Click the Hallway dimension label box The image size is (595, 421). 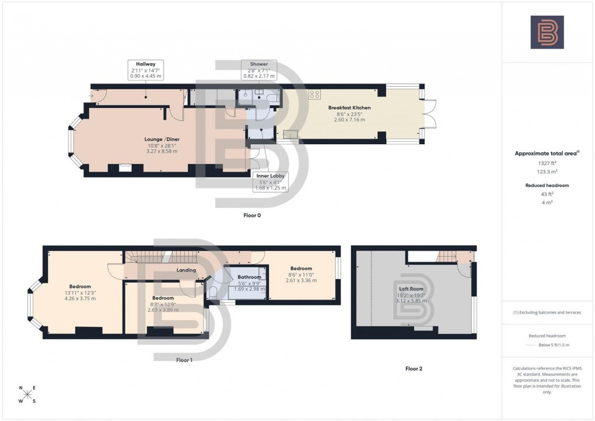tap(146, 69)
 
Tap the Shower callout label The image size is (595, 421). tap(259, 69)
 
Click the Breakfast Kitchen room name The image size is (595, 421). tap(349, 108)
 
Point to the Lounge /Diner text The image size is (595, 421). tap(162, 139)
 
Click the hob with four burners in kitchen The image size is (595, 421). tap(315, 93)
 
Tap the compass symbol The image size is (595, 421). tap(27, 394)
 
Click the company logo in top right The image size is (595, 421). tap(547, 32)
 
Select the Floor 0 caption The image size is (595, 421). tap(252, 215)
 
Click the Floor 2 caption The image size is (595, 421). tap(414, 368)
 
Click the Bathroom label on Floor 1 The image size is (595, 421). tap(249, 277)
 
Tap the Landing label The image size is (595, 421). tap(185, 270)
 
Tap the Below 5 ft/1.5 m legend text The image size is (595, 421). tap(553, 345)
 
